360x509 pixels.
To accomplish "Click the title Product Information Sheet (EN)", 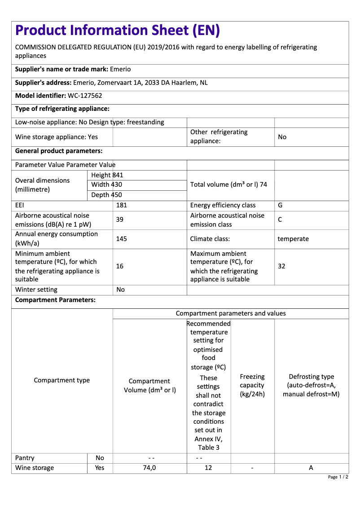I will tap(118, 31).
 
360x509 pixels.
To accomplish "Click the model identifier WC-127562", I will tap(85, 96).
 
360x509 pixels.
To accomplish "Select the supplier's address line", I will tap(111, 83).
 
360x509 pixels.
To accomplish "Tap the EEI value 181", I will tap(122, 205).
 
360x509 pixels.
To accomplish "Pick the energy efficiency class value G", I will tap(280, 205).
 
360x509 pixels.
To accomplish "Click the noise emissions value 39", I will tap(120, 220).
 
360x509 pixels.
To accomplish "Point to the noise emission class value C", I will tap(280, 220).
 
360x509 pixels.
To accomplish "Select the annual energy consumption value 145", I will tap(121, 239).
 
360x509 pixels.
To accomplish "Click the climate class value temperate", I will tap(293, 239).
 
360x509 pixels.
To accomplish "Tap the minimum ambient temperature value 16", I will tap(120, 266).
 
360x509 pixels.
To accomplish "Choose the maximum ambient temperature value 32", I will tap(281, 266).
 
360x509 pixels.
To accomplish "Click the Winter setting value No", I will tap(120, 290).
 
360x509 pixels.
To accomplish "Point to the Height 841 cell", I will tap(107, 175).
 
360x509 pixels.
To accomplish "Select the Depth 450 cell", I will tap(106, 195).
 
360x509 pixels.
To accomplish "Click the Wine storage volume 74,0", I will tap(150, 468).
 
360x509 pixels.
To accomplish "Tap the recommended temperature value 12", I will tap(208, 468).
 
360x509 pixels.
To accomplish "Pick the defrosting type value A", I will tap(311, 468).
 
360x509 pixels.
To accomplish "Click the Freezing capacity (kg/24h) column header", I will tap(252, 385).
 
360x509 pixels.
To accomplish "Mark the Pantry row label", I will tap(25, 458).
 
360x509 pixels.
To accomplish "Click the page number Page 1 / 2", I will tap(338, 477).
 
